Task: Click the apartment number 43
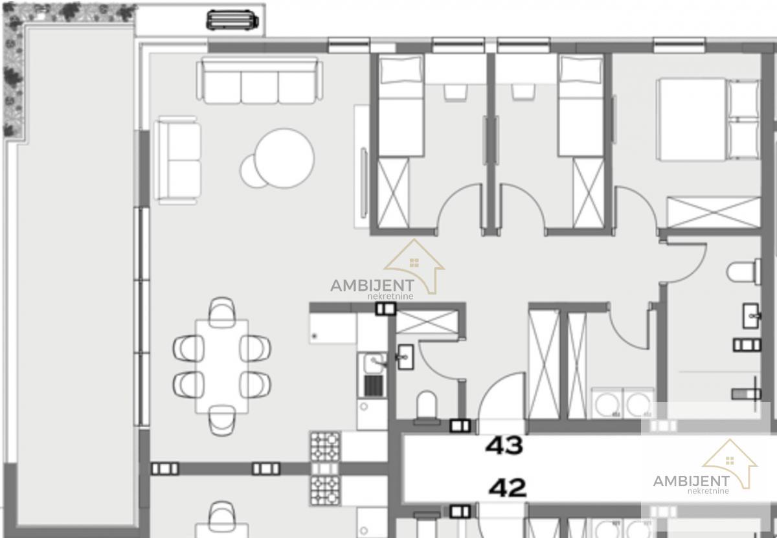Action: [504, 445]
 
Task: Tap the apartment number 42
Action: [508, 488]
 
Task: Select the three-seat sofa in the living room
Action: [260, 80]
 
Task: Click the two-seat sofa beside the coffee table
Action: [178, 160]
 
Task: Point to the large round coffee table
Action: [284, 158]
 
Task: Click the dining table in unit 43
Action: [222, 366]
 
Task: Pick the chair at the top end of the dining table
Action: [222, 311]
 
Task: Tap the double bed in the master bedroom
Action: [708, 120]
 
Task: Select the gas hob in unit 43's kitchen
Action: [325, 447]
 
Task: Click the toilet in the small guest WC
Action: [426, 407]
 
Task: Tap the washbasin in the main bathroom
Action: [751, 316]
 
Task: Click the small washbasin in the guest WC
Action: [405, 357]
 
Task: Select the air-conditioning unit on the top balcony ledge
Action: [232, 20]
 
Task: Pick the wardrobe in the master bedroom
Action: [714, 212]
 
